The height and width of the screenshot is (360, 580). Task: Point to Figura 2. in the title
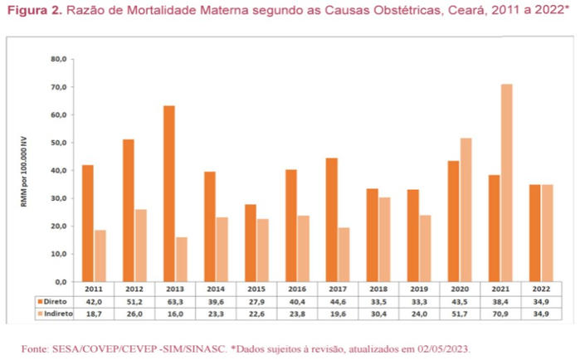coord(32,12)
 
